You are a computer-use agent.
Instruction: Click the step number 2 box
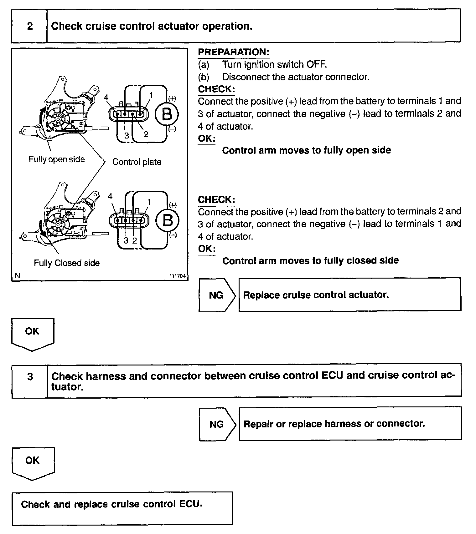(30, 26)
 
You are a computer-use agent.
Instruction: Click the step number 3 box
(30, 376)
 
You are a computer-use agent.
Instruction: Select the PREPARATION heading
(233, 52)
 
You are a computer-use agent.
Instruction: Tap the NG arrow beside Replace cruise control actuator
(216, 295)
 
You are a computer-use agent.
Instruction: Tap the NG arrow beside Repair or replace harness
(217, 424)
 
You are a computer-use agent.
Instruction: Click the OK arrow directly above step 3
(33, 333)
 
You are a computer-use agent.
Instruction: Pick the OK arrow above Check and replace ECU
(33, 462)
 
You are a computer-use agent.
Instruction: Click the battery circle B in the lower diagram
(168, 220)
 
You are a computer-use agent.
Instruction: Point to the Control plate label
(137, 162)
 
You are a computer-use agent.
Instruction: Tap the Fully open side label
(57, 159)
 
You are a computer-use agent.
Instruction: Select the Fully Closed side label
(67, 263)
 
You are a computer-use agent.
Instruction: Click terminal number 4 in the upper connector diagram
(106, 98)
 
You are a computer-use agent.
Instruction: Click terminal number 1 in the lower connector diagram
(149, 202)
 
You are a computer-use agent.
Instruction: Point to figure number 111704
(178, 276)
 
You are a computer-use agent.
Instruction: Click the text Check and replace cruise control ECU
(112, 504)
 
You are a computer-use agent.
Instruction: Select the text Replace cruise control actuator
(316, 295)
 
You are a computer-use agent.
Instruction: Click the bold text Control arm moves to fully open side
(306, 150)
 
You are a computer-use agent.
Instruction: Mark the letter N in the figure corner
(17, 276)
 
